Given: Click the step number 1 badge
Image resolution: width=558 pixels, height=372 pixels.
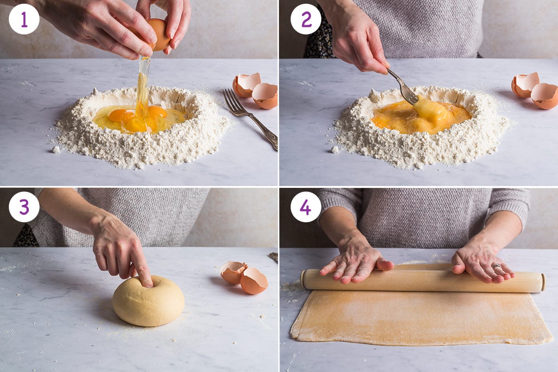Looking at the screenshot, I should [x=24, y=19].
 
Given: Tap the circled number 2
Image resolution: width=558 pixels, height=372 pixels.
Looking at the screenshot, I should [x=306, y=19].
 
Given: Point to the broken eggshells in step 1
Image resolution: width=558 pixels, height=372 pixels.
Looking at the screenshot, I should [x=256, y=91].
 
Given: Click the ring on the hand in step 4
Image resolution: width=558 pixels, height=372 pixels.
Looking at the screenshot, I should [x=497, y=266].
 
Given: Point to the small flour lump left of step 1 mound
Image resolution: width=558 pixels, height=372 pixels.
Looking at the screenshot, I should [x=56, y=149].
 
